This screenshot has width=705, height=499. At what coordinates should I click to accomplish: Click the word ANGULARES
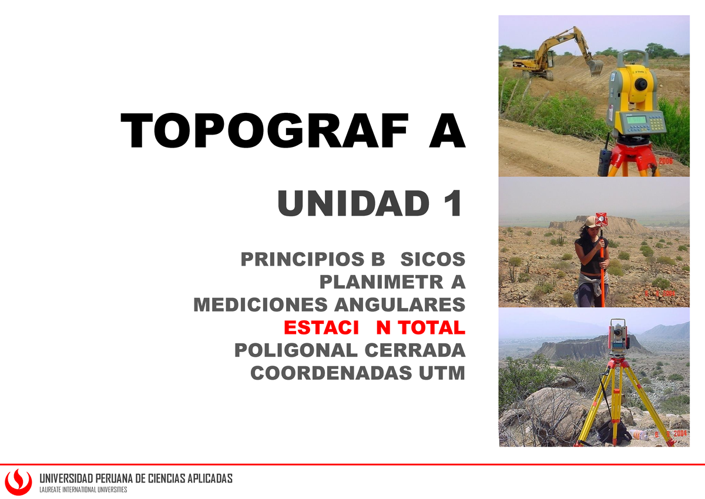(x=399, y=305)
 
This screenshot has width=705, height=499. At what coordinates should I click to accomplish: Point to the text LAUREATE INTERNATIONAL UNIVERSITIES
(x=82, y=490)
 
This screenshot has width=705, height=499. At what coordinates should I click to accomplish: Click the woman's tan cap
(x=590, y=222)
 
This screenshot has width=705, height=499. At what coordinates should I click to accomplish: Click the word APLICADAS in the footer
(x=209, y=478)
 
